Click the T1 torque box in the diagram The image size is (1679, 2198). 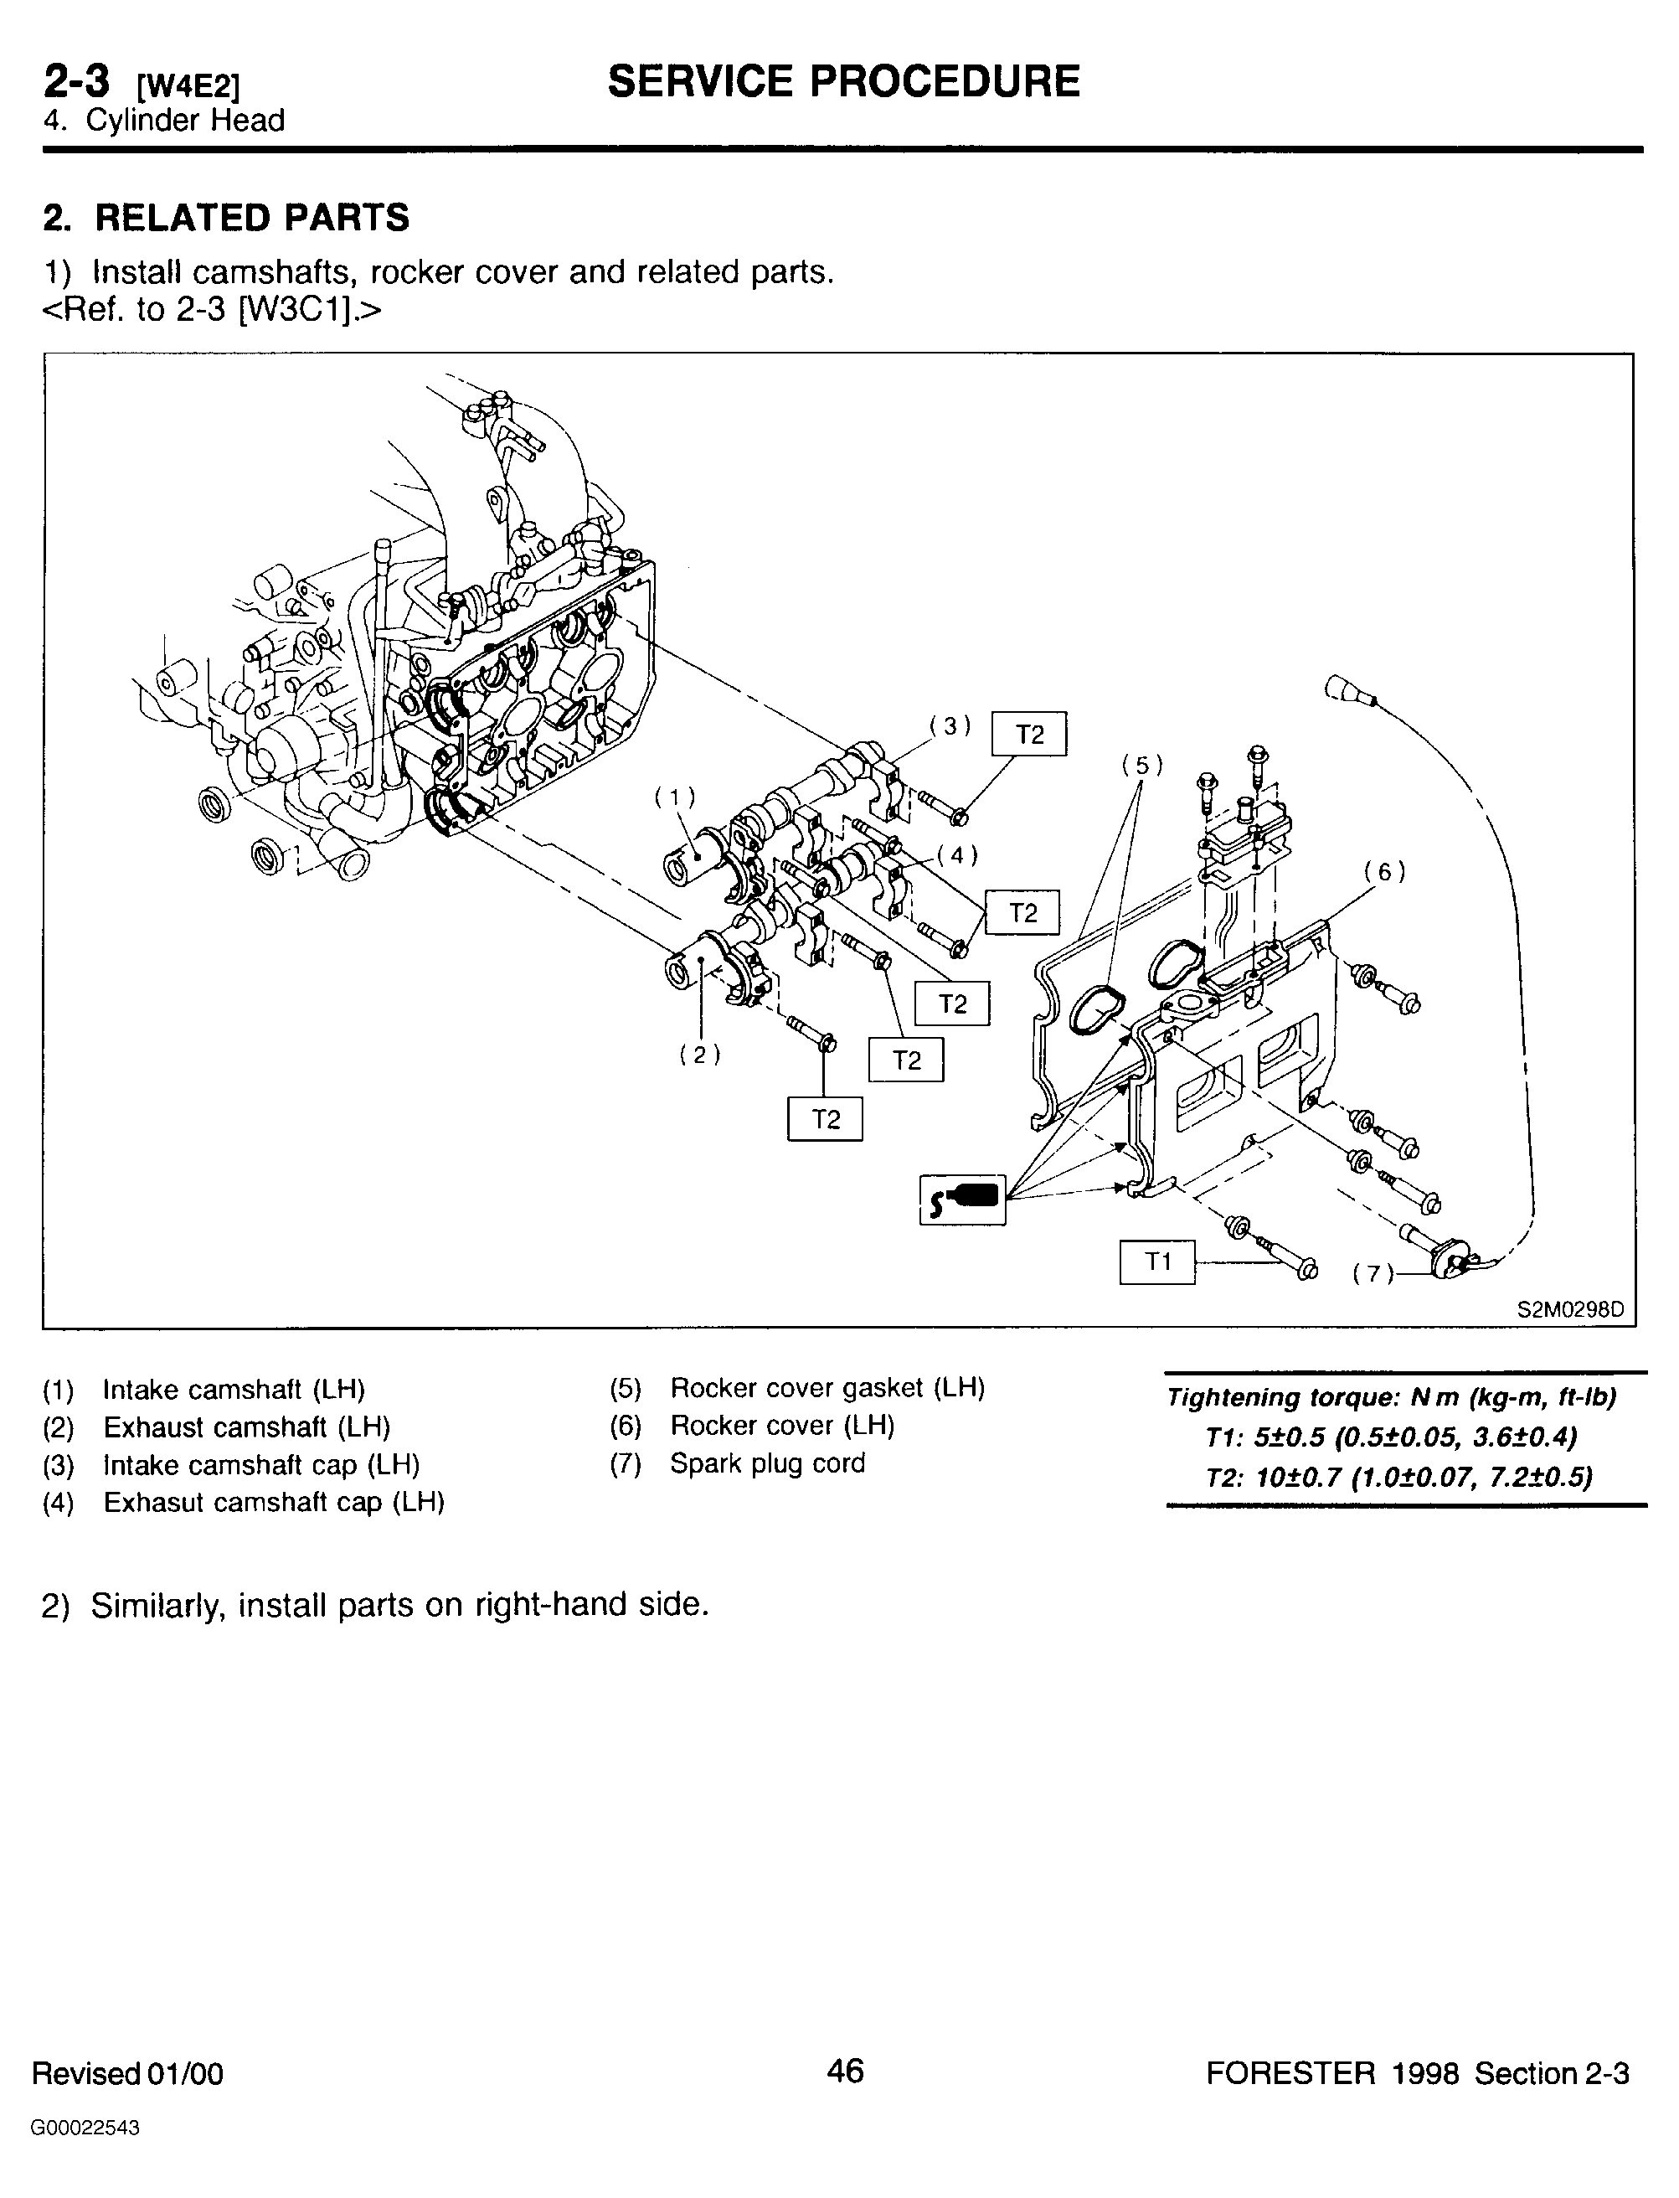coord(1156,1262)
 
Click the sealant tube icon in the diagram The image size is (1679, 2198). coord(962,1200)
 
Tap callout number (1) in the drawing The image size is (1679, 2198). coord(676,797)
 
